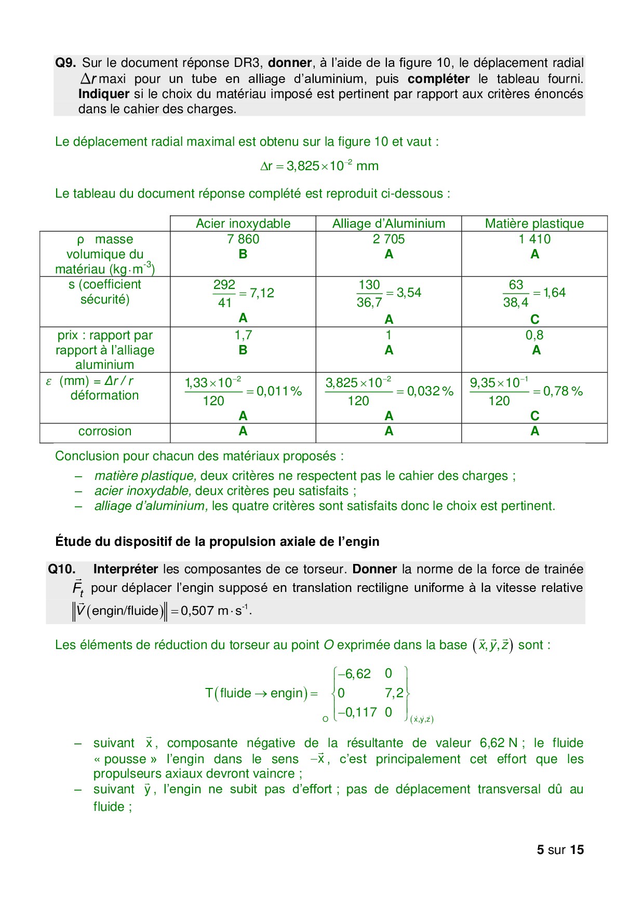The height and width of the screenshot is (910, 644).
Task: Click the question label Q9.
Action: click(x=65, y=63)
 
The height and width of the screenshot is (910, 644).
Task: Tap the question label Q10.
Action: click(x=61, y=569)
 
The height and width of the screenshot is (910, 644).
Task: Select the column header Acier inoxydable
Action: click(x=243, y=224)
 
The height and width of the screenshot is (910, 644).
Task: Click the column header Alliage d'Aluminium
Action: click(x=388, y=224)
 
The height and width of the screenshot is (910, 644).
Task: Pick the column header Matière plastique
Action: click(x=534, y=224)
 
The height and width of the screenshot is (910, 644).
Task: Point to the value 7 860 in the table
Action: click(x=243, y=239)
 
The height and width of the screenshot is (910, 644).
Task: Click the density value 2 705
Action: click(x=388, y=239)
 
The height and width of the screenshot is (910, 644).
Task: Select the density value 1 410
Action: click(x=534, y=239)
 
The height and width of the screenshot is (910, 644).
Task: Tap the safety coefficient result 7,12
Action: click(x=262, y=293)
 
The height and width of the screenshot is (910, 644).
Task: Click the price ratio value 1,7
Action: click(x=243, y=335)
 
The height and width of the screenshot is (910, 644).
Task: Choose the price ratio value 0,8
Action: click(x=534, y=335)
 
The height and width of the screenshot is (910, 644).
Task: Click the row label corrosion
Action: click(x=105, y=431)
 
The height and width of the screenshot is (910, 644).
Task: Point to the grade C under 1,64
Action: click(x=535, y=319)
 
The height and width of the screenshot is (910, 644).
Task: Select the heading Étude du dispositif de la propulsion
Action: click(x=217, y=542)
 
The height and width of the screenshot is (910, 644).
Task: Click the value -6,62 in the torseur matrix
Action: click(x=354, y=674)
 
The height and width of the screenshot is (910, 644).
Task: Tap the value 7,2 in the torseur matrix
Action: click(x=394, y=693)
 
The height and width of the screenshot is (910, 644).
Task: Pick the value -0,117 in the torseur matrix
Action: click(x=357, y=712)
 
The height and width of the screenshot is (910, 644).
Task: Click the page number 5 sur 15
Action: click(x=560, y=850)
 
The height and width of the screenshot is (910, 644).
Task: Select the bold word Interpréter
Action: click(x=125, y=569)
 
